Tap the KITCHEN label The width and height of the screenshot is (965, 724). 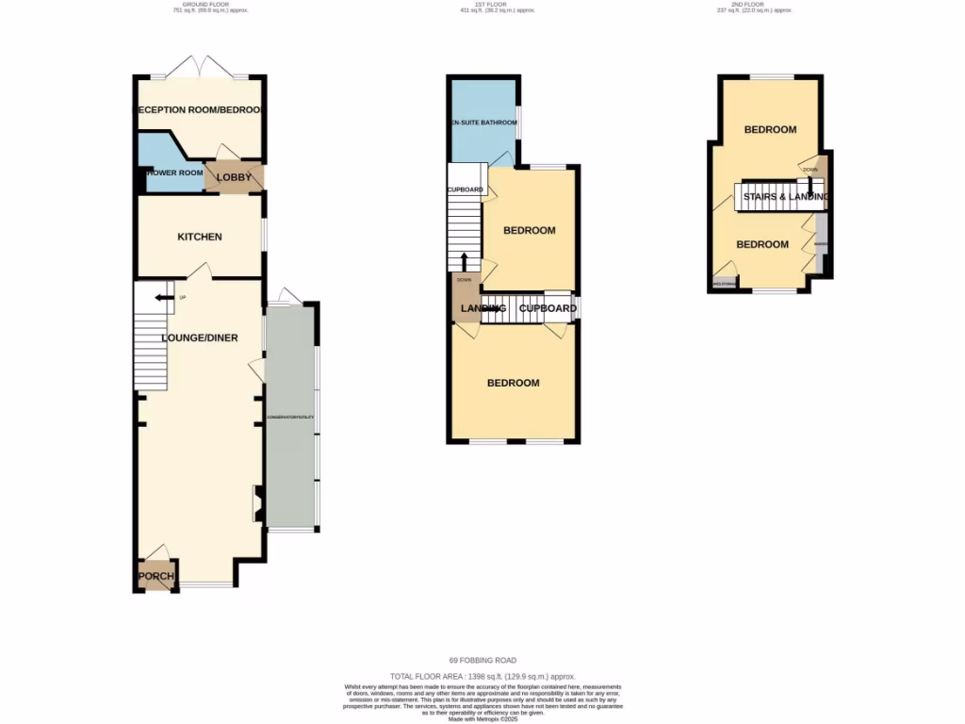click(200, 237)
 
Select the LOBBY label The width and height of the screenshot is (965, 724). click(234, 177)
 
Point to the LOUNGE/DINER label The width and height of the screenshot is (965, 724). click(200, 338)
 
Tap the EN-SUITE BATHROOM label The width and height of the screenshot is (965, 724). click(482, 123)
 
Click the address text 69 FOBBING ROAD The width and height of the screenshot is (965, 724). click(482, 660)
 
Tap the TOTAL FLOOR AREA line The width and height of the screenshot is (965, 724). click(482, 676)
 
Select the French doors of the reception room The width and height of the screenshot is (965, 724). click(201, 68)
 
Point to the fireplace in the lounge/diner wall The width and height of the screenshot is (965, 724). click(255, 503)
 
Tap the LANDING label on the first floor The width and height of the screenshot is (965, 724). click(482, 308)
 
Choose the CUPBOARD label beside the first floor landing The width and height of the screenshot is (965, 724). click(548, 308)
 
